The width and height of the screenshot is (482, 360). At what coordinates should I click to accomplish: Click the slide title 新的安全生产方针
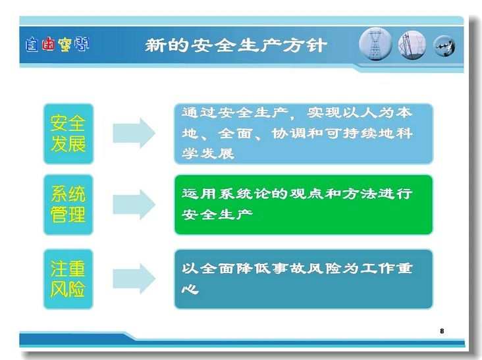tap(236, 45)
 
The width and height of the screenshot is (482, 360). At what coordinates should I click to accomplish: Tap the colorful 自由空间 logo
tap(57, 44)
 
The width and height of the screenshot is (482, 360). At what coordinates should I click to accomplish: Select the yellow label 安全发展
tap(68, 134)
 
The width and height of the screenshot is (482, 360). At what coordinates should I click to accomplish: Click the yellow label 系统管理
tap(68, 204)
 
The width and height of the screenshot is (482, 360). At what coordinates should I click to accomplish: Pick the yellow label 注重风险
tap(68, 279)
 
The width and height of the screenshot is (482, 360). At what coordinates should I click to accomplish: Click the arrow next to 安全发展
tap(134, 133)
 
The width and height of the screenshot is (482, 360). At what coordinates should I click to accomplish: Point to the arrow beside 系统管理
tap(134, 204)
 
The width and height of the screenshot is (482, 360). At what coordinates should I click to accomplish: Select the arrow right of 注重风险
tap(134, 278)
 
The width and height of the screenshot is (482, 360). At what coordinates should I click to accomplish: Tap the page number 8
tap(442, 331)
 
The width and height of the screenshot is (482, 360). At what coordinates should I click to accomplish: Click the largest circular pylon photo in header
tap(375, 44)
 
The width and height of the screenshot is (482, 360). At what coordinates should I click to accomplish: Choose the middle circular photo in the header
tap(412, 45)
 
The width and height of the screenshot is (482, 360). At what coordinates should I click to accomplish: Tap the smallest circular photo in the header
tap(444, 46)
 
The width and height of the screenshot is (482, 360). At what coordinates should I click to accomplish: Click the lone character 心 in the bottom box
tap(190, 289)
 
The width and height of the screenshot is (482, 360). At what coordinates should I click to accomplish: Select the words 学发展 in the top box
tap(208, 153)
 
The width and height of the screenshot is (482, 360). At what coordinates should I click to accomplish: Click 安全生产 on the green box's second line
tap(217, 214)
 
